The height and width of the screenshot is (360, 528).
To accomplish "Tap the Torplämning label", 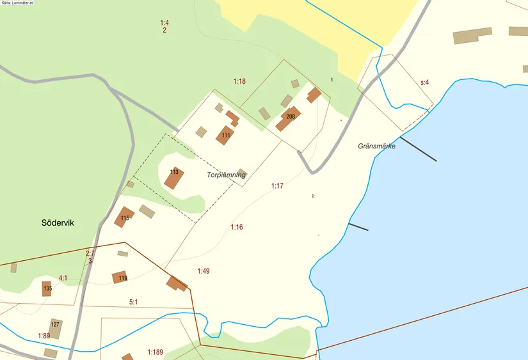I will [x=227, y=175].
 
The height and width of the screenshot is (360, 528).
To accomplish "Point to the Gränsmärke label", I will [x=376, y=146].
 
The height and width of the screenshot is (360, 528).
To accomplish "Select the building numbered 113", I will [x=174, y=177].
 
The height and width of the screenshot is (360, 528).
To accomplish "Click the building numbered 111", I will [x=225, y=136].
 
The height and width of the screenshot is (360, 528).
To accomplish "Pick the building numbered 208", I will [x=289, y=118].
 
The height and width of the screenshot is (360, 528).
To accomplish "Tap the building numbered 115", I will [x=124, y=217].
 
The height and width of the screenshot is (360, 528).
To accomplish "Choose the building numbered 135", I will [x=47, y=288].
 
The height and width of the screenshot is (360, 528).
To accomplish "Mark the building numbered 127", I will [x=56, y=327].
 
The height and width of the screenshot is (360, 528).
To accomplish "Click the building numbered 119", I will [x=120, y=278].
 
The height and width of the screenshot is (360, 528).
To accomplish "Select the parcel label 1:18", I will [x=239, y=81].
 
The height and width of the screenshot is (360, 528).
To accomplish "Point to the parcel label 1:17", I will [x=276, y=186].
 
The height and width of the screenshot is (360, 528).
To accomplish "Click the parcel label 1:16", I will [x=237, y=227].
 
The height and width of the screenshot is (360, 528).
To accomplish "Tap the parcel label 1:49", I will [x=204, y=271].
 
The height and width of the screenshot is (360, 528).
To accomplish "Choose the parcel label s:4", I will [x=424, y=82].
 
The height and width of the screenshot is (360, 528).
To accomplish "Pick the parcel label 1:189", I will [x=156, y=352].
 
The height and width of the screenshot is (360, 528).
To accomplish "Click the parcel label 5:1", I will [x=134, y=302].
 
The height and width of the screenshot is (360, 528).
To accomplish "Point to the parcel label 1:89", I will [x=44, y=336].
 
